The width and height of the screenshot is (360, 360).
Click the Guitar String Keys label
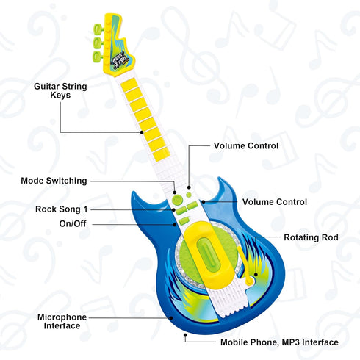click(60, 90)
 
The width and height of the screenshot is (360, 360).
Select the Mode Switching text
click(54, 181)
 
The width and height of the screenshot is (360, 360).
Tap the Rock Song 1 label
click(61, 209)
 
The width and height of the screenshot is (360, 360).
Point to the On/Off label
click(73, 223)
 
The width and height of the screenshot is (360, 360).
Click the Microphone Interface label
click(62, 321)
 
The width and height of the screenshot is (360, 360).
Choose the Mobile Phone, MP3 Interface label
click(279, 342)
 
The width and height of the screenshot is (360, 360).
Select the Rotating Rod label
click(311, 237)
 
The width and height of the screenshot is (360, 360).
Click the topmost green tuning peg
click(98, 29)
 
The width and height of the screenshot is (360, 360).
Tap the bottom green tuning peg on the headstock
click(98, 57)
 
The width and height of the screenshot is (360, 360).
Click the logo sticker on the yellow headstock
click(120, 60)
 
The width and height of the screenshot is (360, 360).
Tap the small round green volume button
click(189, 195)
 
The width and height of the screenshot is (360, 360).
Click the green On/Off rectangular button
click(184, 220)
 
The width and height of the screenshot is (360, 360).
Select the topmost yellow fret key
click(129, 84)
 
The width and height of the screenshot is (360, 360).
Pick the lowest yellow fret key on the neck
click(162, 154)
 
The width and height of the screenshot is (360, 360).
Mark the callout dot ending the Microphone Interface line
click(171, 318)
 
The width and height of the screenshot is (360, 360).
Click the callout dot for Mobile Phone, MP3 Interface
click(185, 335)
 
